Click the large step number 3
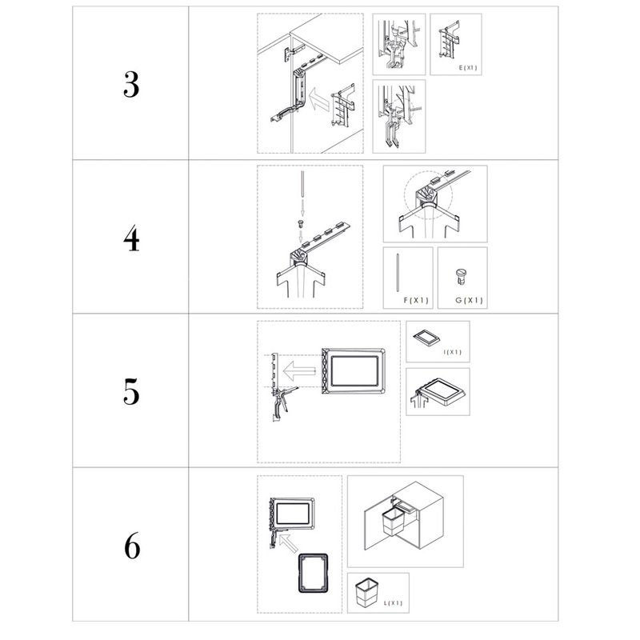[x=131, y=85]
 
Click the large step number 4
[x=131, y=238]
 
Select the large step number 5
[x=131, y=392]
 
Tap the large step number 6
[x=132, y=546]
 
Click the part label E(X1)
[x=468, y=68]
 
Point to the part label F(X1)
[x=416, y=301]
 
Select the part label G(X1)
[x=469, y=301]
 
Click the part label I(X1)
[x=453, y=352]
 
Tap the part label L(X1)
[x=393, y=603]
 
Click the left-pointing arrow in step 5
[x=299, y=371]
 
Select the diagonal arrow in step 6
[x=289, y=543]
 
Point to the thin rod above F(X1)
[x=398, y=273]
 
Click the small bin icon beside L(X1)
[x=366, y=591]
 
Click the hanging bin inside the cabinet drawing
[x=393, y=522]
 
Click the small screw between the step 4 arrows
[x=301, y=224]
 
